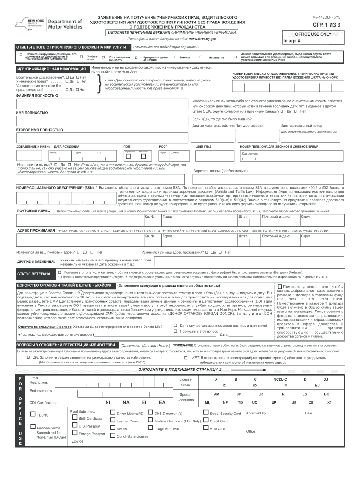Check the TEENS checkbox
coord(33,415)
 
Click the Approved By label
coord(256,413)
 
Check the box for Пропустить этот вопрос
coord(176,331)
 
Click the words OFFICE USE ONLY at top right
coord(313,34)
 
